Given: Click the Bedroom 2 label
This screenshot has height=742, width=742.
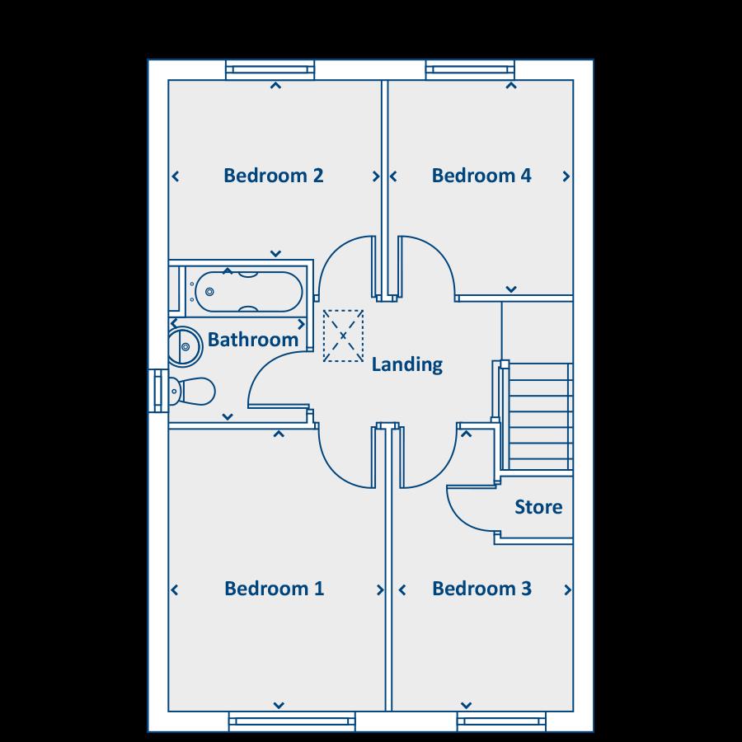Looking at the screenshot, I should click(273, 176).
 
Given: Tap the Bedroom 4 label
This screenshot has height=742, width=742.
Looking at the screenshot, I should click(481, 176).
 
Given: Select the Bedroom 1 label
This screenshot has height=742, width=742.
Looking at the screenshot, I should click(274, 589).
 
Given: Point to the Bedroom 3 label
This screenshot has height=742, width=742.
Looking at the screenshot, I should click(481, 589).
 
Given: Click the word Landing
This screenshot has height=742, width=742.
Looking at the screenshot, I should click(406, 364).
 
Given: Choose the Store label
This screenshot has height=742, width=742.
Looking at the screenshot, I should click(538, 506).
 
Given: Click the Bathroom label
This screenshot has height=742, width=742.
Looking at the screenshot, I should click(252, 339).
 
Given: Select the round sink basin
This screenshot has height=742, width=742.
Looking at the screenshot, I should click(185, 346).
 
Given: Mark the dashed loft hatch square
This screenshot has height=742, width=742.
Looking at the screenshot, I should click(344, 336).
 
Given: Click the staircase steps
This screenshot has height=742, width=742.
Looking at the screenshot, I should click(540, 416).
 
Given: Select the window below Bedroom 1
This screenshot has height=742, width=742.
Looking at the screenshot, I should click(292, 722).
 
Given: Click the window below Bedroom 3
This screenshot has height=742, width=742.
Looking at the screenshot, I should click(502, 722).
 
